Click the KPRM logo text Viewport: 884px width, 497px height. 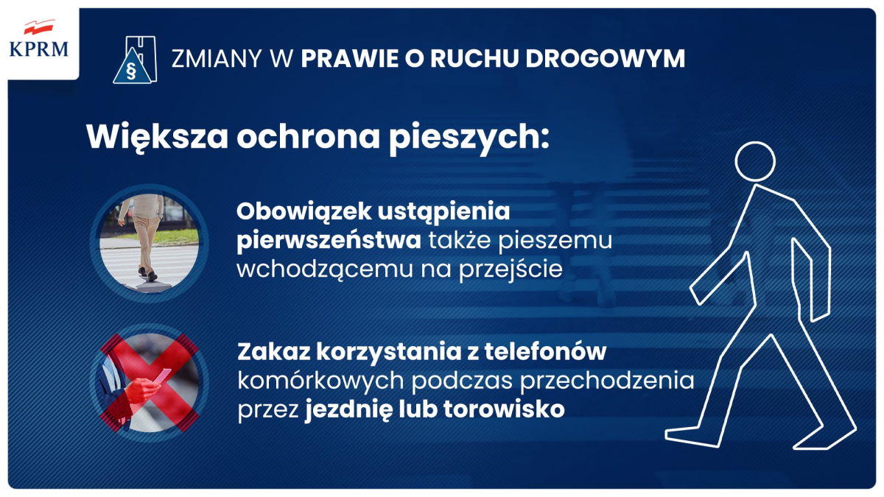click(x=39, y=50)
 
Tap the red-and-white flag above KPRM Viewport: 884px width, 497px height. click(x=38, y=29)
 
